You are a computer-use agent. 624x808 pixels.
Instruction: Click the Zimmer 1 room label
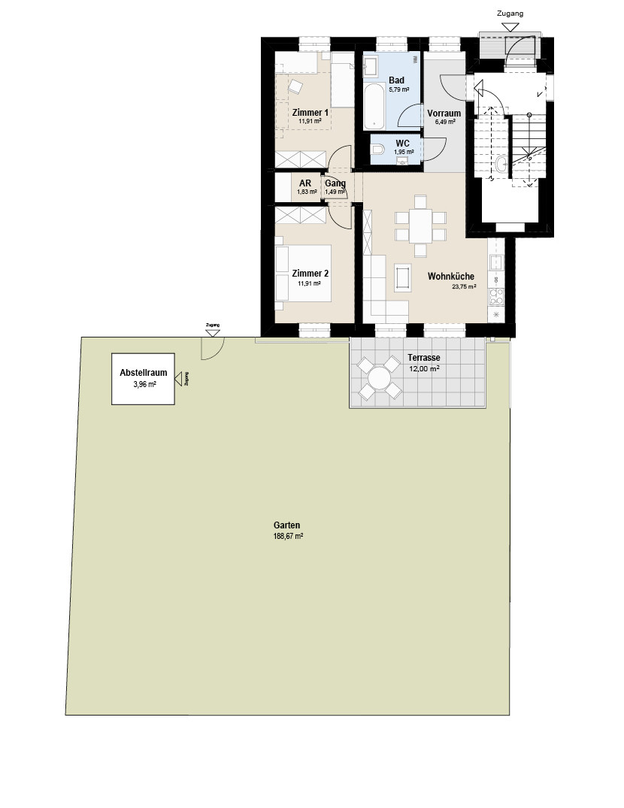pos(310,112)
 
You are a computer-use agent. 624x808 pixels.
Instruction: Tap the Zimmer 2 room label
pos(310,274)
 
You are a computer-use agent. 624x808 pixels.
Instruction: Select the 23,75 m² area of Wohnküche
pos(464,286)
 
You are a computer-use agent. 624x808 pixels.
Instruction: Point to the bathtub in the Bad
pos(374,107)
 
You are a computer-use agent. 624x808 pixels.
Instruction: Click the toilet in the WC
pos(377,150)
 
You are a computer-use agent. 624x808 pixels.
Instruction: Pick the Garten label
pos(287,525)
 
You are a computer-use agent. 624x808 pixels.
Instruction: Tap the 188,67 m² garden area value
pos(288,536)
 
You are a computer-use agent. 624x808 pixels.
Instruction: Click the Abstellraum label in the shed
pos(144,373)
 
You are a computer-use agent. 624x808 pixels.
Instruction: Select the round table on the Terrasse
pos(379,379)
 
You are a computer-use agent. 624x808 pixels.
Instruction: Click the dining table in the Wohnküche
pos(420,225)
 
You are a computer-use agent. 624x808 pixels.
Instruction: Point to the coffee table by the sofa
pos(402,277)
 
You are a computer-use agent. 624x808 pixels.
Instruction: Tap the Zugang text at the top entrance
pos(510,14)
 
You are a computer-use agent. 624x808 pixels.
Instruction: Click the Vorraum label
pos(444,113)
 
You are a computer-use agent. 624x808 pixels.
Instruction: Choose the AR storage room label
pos(305,183)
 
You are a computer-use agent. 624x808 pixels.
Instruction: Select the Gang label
pos(335,183)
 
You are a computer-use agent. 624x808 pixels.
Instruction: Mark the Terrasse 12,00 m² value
pos(424,369)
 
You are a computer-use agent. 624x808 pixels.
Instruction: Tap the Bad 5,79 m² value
pos(399,89)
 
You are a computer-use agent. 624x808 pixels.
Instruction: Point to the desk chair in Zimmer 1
pos(295,86)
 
